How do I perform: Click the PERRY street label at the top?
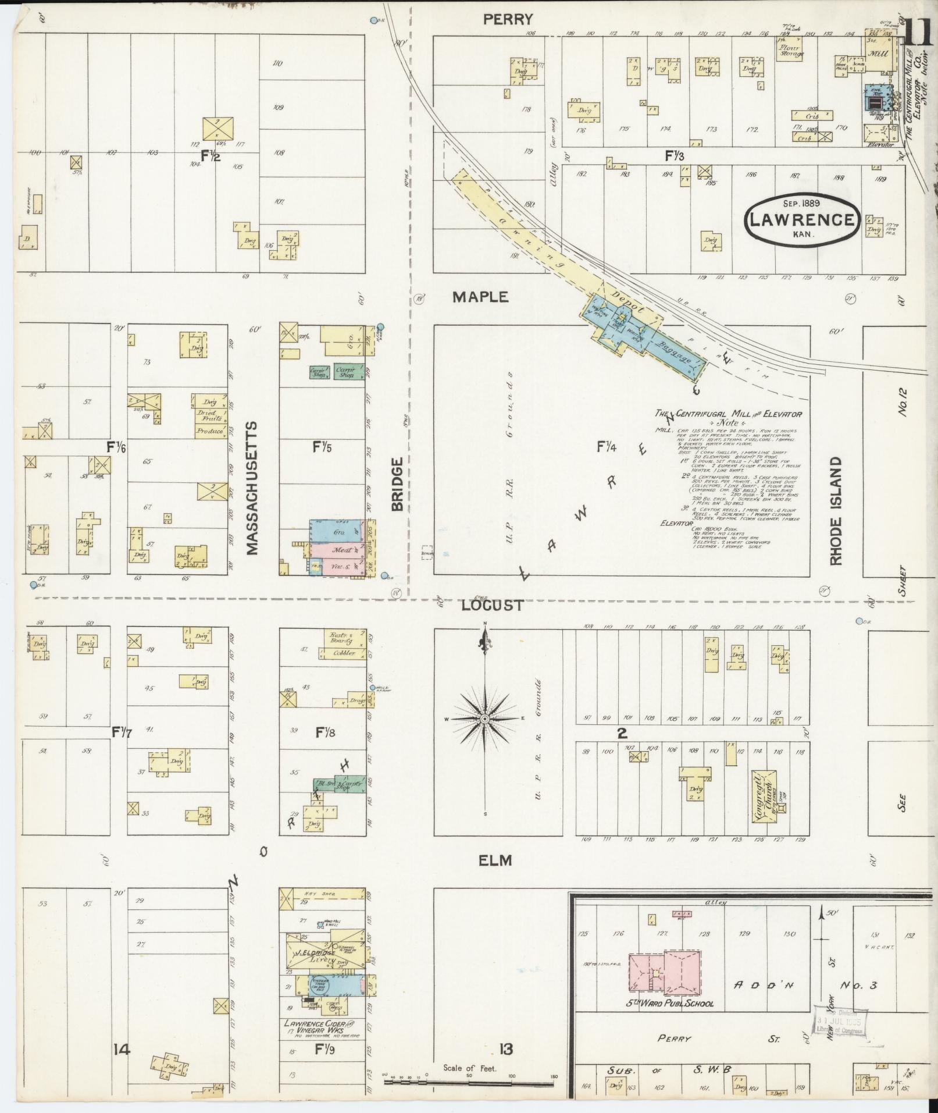[x=508, y=20]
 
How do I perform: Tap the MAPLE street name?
[x=480, y=297]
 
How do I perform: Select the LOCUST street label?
[x=492, y=606]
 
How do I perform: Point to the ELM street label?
[x=495, y=860]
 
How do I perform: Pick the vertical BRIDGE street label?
[x=397, y=484]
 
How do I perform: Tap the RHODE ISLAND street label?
[x=836, y=510]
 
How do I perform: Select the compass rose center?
[x=484, y=720]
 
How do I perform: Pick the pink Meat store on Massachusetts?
[x=340, y=549]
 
